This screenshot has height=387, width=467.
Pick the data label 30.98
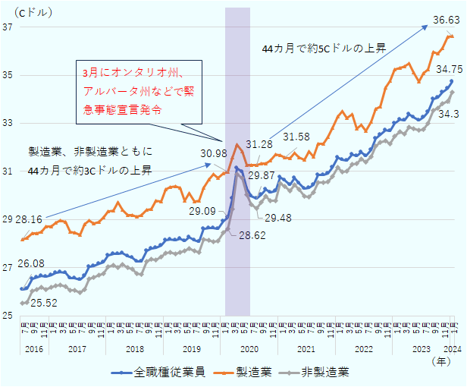tap(214, 153)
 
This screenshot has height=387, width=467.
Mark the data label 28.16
tap(29, 219)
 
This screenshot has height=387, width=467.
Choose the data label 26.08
tap(31, 263)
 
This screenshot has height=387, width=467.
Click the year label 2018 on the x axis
tap(134, 349)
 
